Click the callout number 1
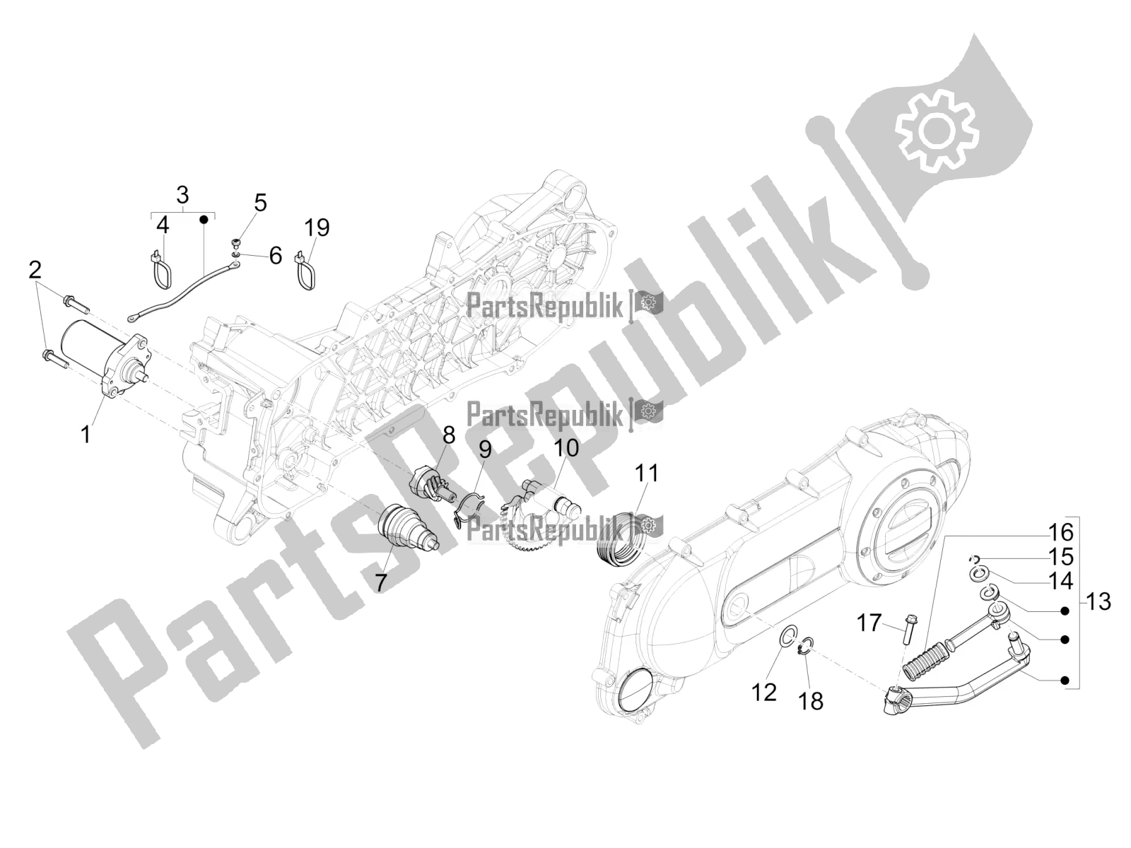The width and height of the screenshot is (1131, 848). (x=86, y=435)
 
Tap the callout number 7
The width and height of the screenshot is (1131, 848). (x=380, y=582)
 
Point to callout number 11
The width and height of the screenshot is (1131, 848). (x=646, y=473)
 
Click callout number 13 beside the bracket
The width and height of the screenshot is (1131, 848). (x=1097, y=601)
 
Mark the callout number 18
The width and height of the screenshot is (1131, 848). (x=811, y=701)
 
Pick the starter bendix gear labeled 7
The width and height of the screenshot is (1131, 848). (x=408, y=529)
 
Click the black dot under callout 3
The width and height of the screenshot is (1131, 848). (x=204, y=219)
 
